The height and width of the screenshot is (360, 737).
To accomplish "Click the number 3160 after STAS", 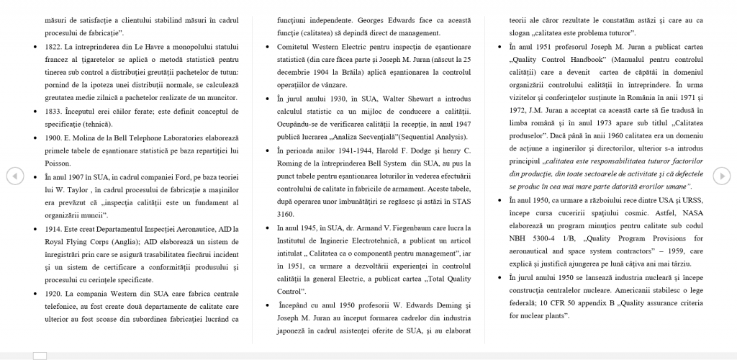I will point(286,214).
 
